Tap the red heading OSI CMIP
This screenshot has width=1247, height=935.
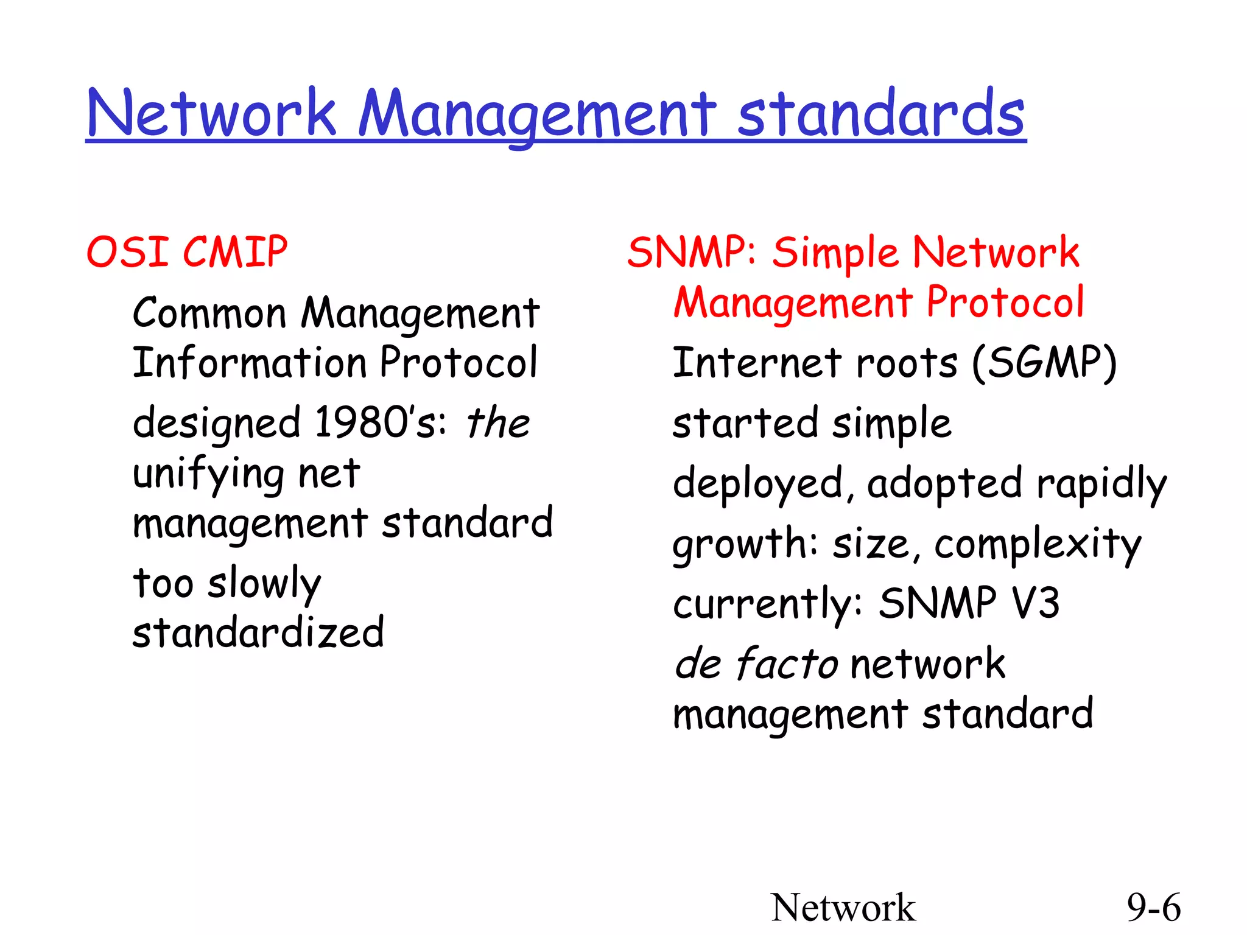pos(186,251)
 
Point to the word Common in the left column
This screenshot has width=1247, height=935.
pos(209,313)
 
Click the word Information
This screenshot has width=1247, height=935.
pos(250,363)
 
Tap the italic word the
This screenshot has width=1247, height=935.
pos(498,422)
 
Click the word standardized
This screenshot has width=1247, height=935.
pos(258,633)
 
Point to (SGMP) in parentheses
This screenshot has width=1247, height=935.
pos(1044,363)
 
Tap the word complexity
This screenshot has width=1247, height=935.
pos(1038,544)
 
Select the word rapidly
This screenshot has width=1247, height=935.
pos(1102,485)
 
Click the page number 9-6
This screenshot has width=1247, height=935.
pos(1153,907)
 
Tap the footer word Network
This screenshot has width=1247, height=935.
pos(843,907)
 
